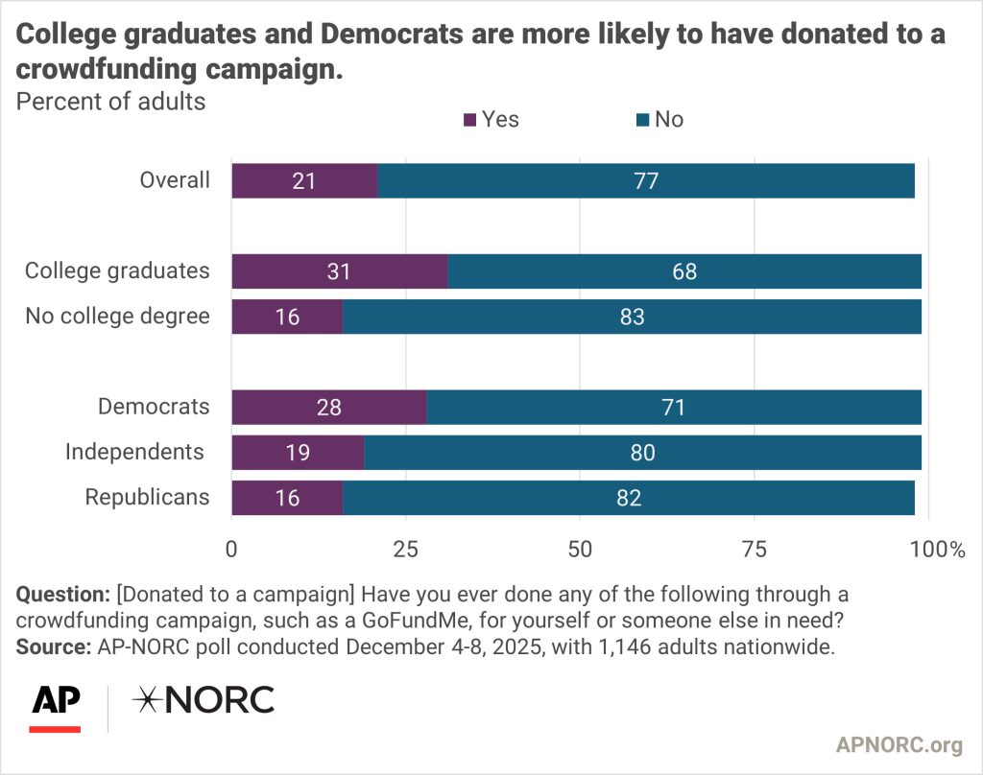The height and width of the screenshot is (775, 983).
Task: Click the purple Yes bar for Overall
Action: tap(304, 180)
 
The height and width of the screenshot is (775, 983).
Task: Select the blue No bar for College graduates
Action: tap(683, 271)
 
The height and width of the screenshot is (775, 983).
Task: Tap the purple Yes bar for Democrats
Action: tap(328, 407)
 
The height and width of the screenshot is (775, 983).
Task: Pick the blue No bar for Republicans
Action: tap(628, 498)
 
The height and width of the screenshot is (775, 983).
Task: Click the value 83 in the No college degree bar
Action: tap(631, 317)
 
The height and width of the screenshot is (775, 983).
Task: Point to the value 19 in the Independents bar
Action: tap(298, 452)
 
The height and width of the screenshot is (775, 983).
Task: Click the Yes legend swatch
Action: tap(470, 120)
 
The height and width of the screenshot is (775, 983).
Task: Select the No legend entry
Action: tap(659, 120)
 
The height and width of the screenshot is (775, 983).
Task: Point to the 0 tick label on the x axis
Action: tap(231, 550)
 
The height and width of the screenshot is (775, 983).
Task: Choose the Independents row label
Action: tap(134, 452)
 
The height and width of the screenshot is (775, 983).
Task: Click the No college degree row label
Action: tap(117, 317)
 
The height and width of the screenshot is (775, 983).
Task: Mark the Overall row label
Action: tap(174, 180)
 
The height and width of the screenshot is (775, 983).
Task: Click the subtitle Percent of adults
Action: tap(110, 101)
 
